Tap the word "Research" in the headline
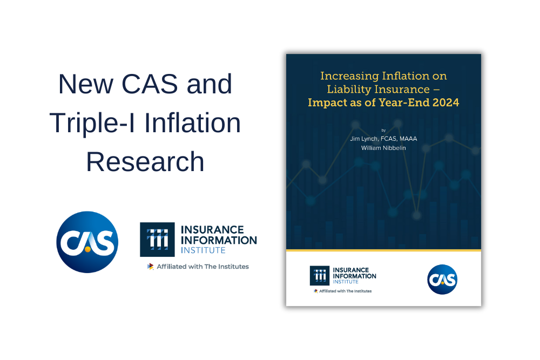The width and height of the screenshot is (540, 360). point(145,161)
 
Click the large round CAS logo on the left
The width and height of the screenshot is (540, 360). point(87,242)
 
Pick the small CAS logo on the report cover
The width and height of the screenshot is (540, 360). point(442,279)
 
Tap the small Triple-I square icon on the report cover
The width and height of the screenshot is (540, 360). point(320,275)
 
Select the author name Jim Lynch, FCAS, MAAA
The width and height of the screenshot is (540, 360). point(383,139)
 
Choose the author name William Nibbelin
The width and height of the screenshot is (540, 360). point(383,147)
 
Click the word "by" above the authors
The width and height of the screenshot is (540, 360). point(383,130)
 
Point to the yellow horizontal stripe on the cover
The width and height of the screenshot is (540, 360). point(383,250)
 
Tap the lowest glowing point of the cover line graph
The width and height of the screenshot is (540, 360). point(416,215)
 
